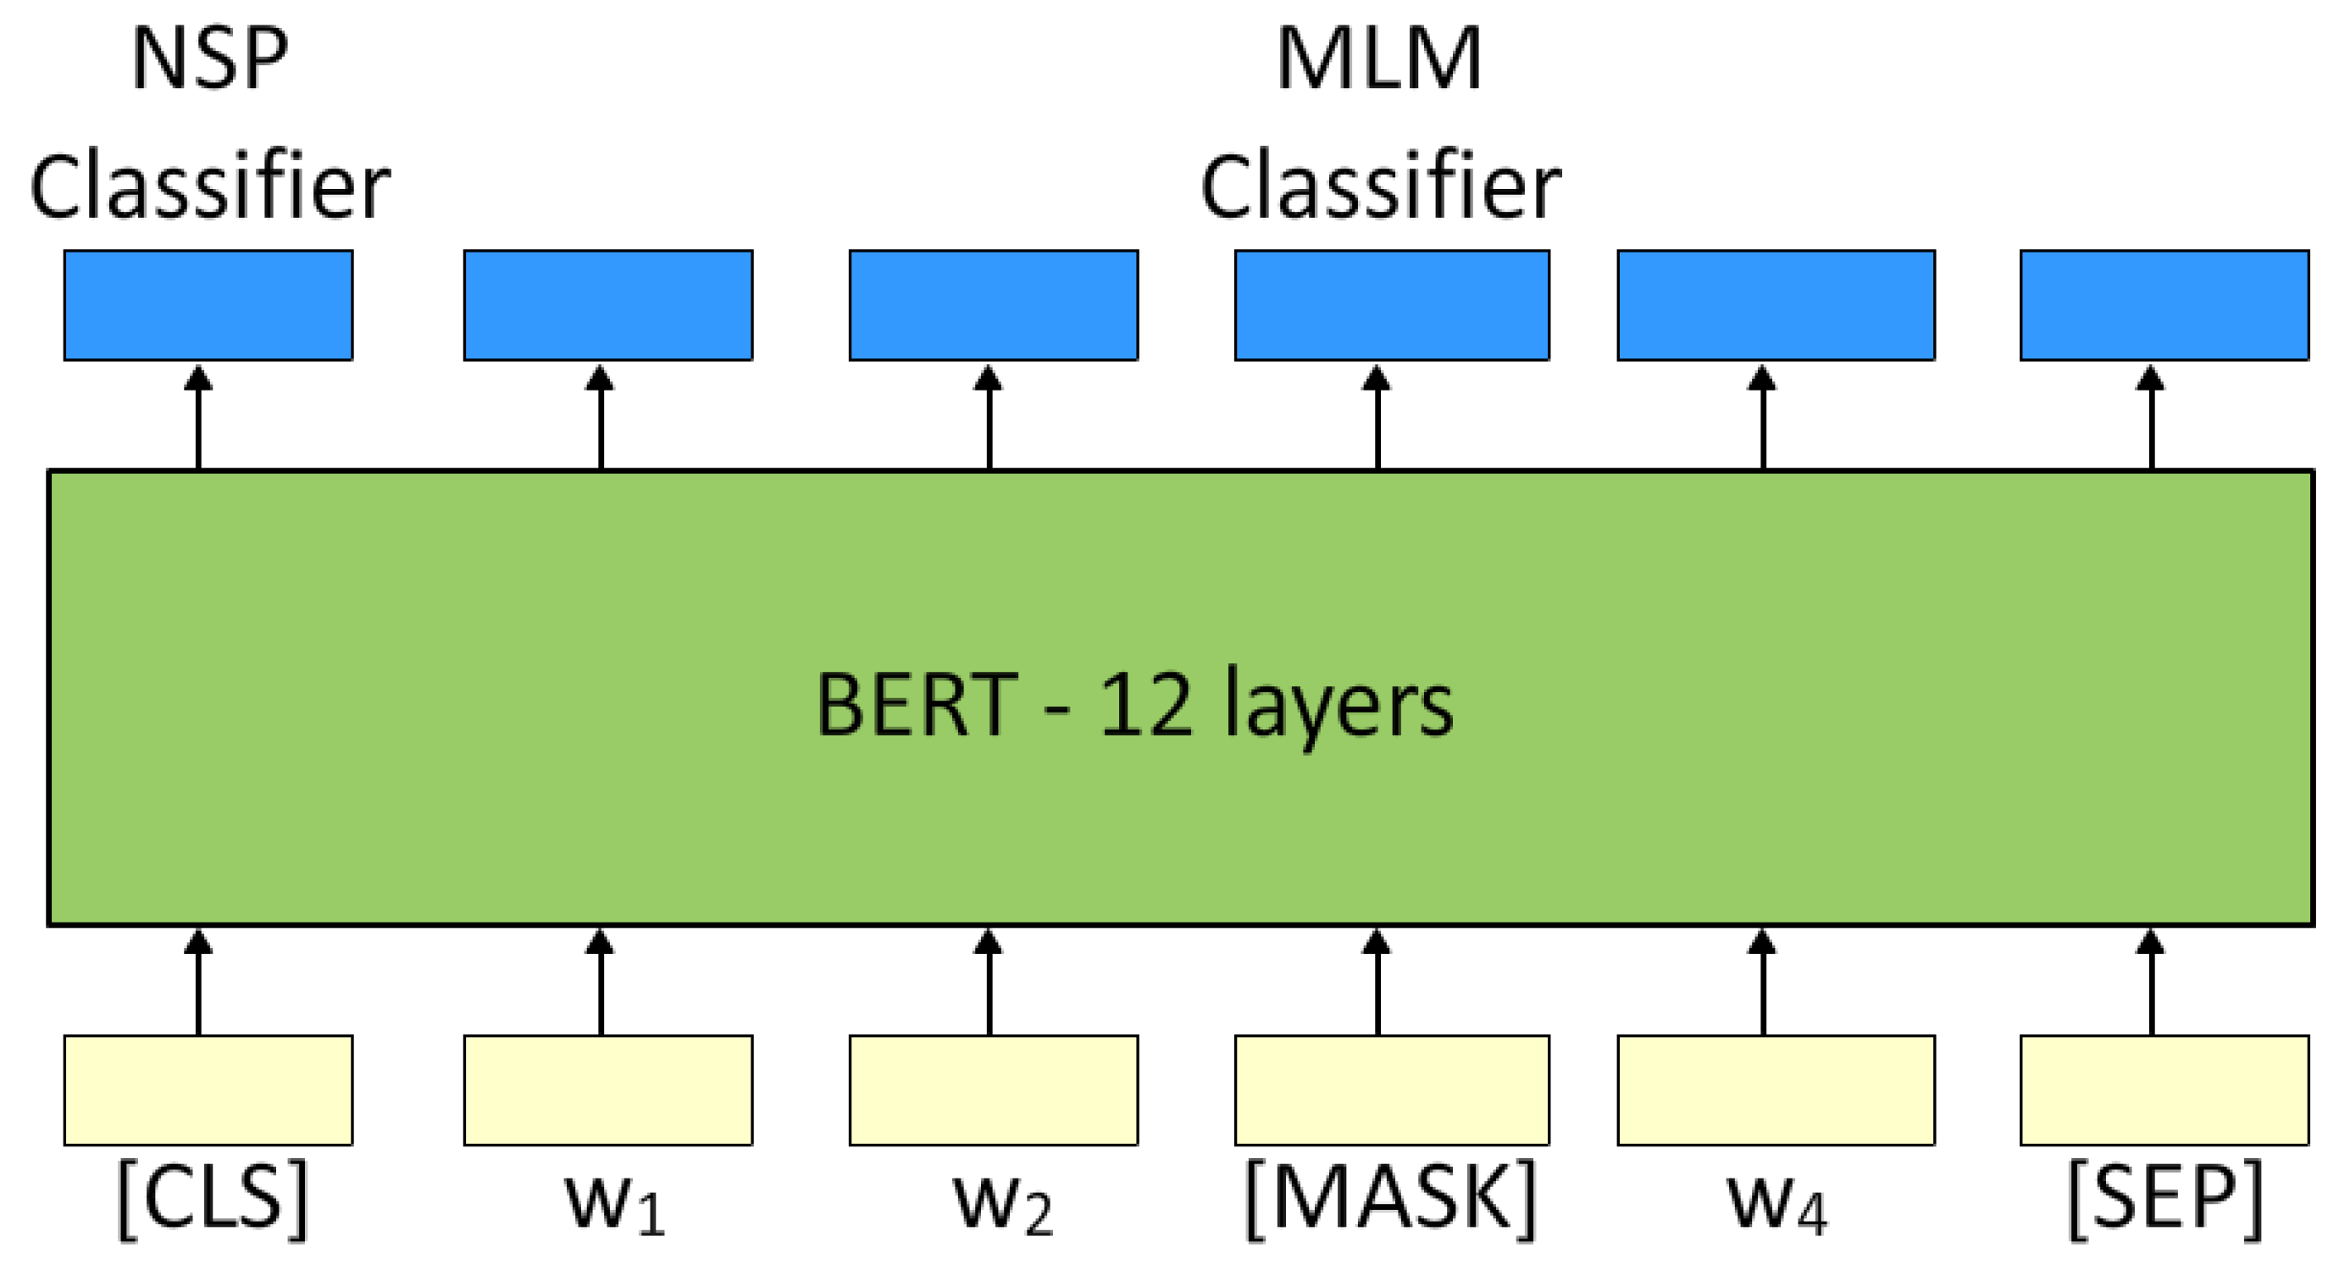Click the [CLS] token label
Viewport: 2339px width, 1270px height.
(x=213, y=1200)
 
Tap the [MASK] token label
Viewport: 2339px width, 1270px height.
(x=1390, y=1200)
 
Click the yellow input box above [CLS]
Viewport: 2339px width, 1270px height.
(x=208, y=1090)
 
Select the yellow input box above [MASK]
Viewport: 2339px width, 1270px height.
(x=1391, y=1090)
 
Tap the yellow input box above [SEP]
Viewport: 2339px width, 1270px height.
(x=2164, y=1090)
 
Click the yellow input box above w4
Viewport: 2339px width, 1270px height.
(x=1776, y=1090)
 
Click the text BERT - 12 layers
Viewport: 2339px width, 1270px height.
(x=1134, y=706)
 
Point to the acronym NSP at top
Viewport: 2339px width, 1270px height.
(x=210, y=59)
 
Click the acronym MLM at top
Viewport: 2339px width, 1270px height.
(x=1379, y=59)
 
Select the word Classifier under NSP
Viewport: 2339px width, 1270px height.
(x=210, y=188)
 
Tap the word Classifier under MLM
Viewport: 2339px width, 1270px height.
(x=1380, y=188)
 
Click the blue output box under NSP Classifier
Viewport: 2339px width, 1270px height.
(x=208, y=305)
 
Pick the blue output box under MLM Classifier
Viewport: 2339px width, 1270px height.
(x=1391, y=305)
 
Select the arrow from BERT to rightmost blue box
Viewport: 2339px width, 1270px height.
(x=2151, y=417)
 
